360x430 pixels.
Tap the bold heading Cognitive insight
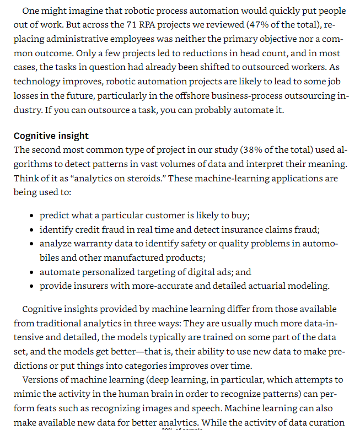coord(51,136)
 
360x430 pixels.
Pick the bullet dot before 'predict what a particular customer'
coord(33,216)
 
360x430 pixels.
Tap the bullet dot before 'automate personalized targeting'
coord(33,272)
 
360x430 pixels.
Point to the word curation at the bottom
coord(327,423)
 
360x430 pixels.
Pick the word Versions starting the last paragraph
coord(42,380)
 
